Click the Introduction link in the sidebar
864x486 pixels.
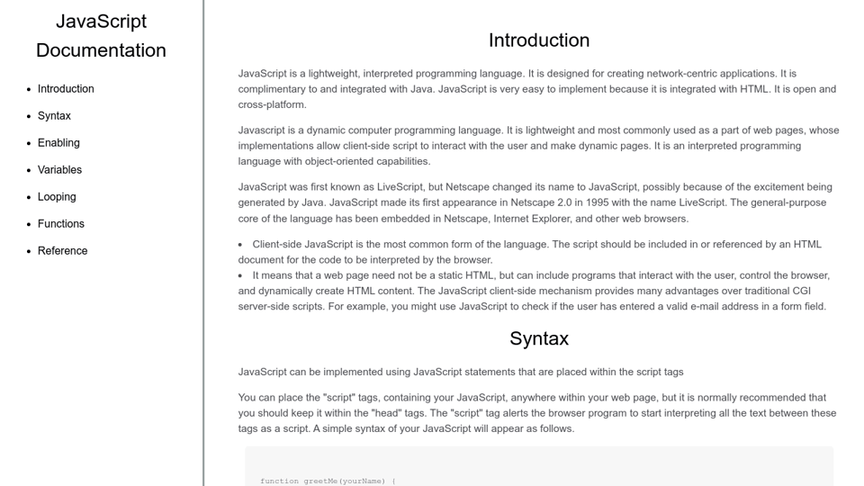tap(66, 89)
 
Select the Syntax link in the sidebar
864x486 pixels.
tap(54, 116)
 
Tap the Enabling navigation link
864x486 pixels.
tap(58, 143)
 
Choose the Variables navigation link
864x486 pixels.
tap(59, 170)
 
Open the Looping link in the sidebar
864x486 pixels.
tap(57, 197)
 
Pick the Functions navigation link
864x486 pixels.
tap(61, 224)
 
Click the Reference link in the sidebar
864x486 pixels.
tap(62, 251)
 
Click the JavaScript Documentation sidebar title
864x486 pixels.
tap(101, 35)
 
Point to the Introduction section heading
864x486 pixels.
tap(538, 40)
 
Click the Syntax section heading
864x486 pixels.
tap(538, 338)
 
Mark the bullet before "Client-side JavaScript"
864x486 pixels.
tap(241, 245)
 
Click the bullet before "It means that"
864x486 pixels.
tap(241, 275)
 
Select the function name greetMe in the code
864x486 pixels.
tap(321, 481)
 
